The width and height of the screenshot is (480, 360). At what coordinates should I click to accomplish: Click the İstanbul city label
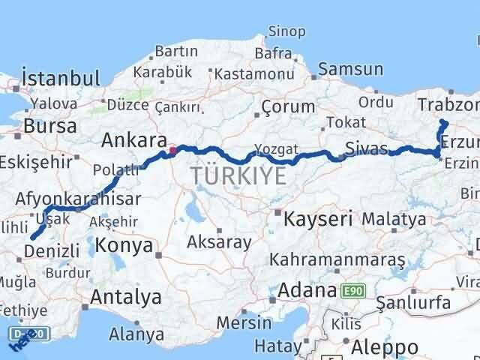tap(61, 78)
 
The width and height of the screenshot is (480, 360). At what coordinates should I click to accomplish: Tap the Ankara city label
tap(133, 140)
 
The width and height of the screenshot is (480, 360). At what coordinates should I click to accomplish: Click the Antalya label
tap(125, 297)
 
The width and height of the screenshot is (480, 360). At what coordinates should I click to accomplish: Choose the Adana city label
tap(307, 289)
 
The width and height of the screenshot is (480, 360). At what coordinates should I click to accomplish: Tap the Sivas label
tap(367, 146)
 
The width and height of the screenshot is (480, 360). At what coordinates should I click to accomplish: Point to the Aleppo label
tap(385, 347)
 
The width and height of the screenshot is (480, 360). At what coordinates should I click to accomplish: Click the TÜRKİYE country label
tap(238, 176)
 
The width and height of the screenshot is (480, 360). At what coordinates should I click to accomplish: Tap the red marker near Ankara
tap(173, 150)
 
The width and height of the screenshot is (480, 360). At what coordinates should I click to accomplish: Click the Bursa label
tap(50, 125)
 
